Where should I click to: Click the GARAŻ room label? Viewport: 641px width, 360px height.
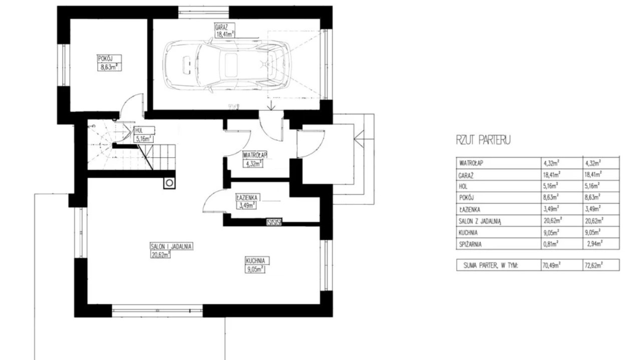221,27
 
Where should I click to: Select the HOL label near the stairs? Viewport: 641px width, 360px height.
139,131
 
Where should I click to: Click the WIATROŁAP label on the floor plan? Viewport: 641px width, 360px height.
255,155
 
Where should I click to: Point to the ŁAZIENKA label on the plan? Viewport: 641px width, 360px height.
248,197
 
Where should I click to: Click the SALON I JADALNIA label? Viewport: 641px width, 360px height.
171,246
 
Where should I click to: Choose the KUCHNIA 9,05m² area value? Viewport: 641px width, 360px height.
255,269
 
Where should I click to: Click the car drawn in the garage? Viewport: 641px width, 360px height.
227,66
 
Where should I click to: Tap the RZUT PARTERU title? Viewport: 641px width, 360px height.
483,140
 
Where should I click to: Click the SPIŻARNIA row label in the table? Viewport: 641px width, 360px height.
470,244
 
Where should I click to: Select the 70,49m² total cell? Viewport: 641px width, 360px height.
551,265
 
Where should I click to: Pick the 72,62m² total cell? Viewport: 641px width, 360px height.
593,265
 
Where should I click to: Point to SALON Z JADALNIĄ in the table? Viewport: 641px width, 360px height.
480,221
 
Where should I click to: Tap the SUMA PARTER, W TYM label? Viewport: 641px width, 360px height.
490,265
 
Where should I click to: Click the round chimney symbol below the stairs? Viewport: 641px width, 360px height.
169,183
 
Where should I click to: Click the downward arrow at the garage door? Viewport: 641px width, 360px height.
271,105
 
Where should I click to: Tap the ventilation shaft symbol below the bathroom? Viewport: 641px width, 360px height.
274,222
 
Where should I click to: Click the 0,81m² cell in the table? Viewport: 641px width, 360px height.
551,244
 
